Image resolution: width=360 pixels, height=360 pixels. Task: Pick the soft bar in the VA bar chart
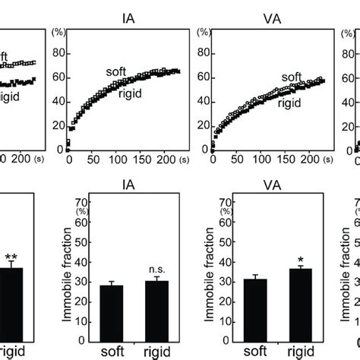254,308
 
